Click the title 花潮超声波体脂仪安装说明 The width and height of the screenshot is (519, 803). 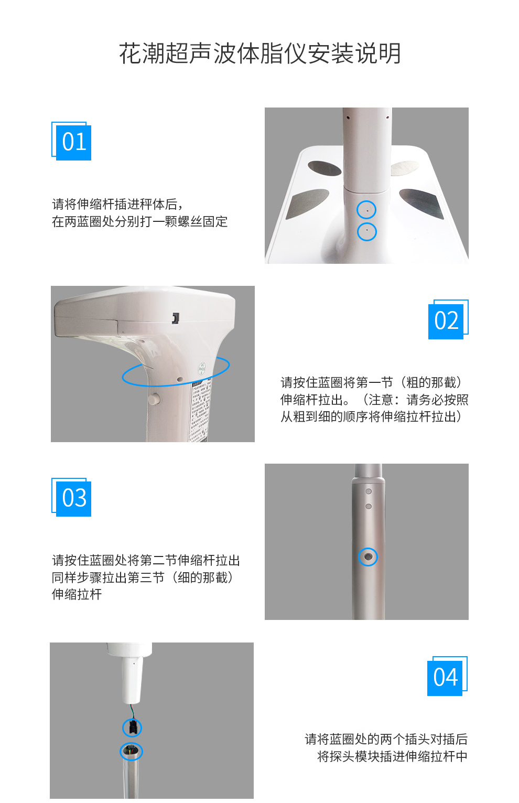coord(260,53)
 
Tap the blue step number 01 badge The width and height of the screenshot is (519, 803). coord(73,142)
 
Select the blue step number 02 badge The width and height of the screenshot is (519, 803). coord(446,321)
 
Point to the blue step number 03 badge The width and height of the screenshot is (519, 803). coord(73,498)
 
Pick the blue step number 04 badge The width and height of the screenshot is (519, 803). coord(445,678)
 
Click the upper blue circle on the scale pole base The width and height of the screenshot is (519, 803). coord(366,210)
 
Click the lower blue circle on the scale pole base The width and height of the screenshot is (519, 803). coord(366,231)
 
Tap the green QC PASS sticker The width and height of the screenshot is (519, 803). coord(202,368)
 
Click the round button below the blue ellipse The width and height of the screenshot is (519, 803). coord(154,399)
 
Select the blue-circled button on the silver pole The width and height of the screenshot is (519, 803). coord(368,556)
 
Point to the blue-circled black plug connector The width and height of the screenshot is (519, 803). coord(132,727)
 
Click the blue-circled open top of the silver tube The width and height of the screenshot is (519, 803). coord(131,751)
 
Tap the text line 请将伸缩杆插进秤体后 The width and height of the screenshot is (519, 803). coord(117,204)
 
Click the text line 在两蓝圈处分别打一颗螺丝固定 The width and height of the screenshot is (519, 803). coord(139,222)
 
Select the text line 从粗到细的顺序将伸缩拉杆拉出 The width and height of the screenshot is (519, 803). coord(371,417)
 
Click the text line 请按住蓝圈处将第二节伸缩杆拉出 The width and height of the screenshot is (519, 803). coord(146,560)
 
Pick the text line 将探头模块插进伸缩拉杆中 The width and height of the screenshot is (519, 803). coord(392,756)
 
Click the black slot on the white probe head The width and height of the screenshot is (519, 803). coord(176,318)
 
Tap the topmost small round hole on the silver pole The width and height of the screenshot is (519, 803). coord(369,491)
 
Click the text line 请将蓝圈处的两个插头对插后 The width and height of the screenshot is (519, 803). coord(386,739)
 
